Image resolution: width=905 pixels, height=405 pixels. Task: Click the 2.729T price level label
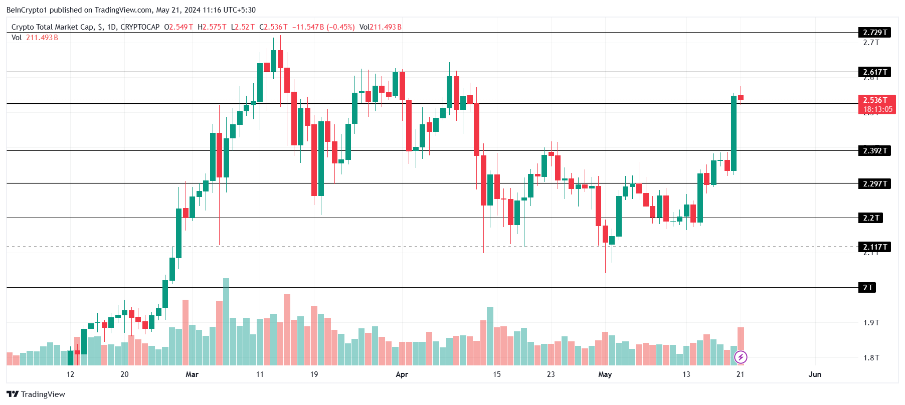[874, 33]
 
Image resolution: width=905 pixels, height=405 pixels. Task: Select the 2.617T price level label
[874, 72]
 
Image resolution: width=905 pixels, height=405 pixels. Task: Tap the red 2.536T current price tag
[877, 104]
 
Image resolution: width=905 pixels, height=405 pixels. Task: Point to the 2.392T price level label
[874, 151]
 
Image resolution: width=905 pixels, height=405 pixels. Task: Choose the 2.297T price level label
[874, 184]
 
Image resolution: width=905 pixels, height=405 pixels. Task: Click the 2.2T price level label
[871, 218]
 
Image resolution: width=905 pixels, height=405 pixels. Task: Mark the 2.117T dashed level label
[874, 247]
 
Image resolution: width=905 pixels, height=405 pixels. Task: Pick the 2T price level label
[867, 288]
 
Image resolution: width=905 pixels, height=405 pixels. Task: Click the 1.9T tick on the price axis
[871, 323]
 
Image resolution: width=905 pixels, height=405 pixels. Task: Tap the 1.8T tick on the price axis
[871, 358]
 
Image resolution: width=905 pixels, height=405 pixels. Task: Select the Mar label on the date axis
[192, 374]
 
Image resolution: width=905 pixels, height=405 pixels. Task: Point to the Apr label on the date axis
[402, 374]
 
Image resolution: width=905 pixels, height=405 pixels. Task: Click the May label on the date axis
[605, 374]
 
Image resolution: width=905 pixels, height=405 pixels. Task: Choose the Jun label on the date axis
[815, 374]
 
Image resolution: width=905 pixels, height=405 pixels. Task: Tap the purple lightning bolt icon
[741, 357]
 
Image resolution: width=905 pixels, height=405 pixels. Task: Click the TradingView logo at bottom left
[36, 394]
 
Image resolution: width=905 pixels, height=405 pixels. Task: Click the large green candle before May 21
[734, 133]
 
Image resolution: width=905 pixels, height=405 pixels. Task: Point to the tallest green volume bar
[226, 321]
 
